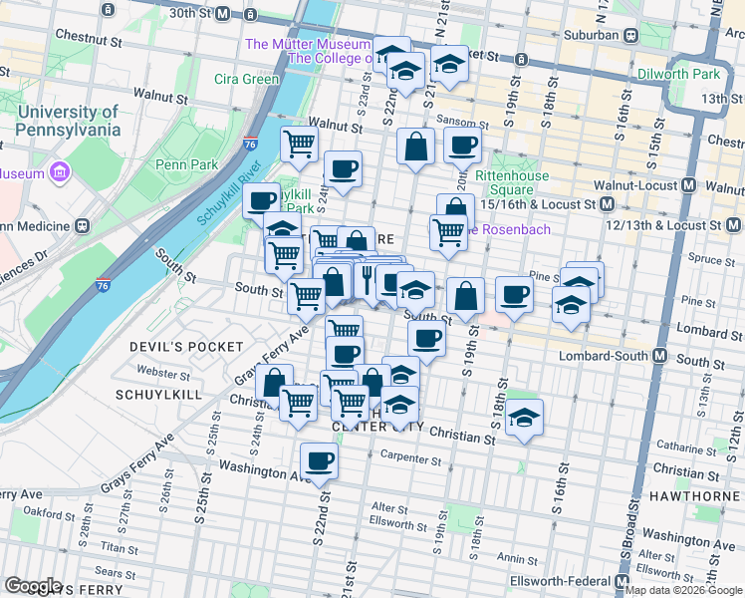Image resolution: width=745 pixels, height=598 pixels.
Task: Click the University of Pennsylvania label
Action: (x=69, y=121)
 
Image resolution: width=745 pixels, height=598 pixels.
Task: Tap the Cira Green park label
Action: (x=247, y=79)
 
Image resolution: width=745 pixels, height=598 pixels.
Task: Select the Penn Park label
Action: (x=179, y=163)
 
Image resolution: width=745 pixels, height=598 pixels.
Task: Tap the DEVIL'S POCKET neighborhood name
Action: (x=186, y=346)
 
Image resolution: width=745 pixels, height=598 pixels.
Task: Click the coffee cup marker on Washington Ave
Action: (x=320, y=460)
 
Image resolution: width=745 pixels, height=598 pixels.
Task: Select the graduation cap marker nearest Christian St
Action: (x=524, y=419)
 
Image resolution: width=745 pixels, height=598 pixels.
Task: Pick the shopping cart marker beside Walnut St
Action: (x=299, y=146)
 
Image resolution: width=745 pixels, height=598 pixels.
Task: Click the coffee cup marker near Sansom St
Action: (x=462, y=147)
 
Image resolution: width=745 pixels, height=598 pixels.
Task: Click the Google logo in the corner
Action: (x=33, y=586)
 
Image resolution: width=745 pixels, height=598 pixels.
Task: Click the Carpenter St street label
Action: (x=410, y=459)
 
